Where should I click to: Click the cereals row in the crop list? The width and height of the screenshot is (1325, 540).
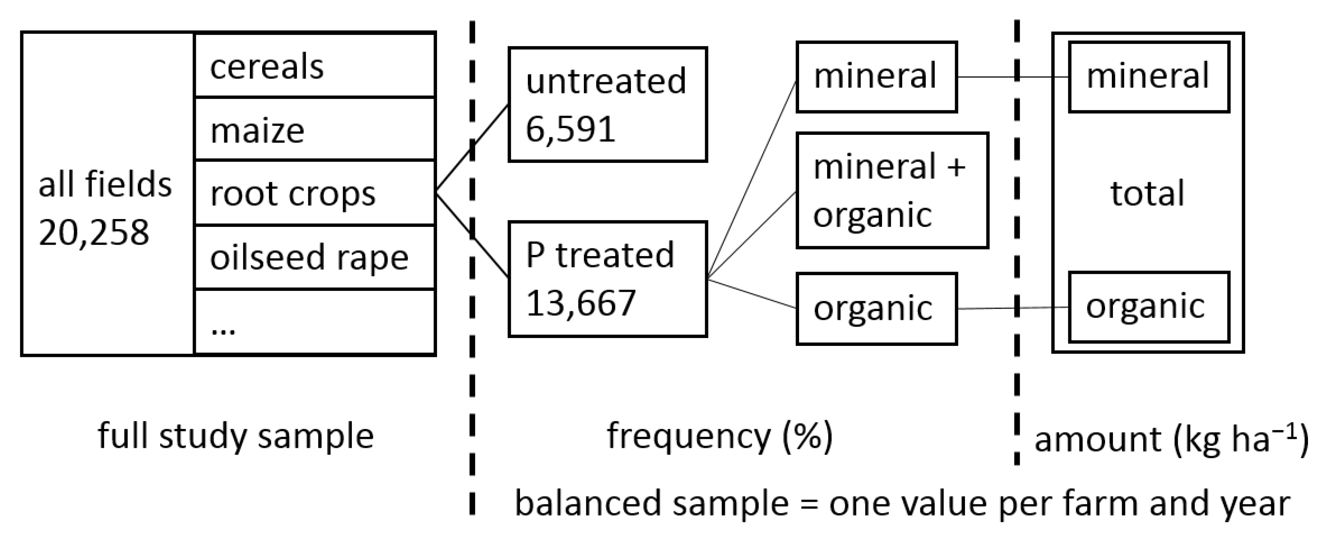(315, 65)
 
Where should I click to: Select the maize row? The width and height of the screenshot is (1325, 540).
(315, 129)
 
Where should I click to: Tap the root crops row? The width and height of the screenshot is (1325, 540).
(315, 193)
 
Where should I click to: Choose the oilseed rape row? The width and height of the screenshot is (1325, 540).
(315, 257)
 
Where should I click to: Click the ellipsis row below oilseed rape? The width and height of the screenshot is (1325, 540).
(315, 322)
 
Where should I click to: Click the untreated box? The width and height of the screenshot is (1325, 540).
(608, 104)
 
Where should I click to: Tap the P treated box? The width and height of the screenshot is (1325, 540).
(608, 279)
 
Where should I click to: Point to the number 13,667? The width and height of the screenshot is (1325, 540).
(581, 303)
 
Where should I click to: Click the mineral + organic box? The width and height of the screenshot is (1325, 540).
(892, 191)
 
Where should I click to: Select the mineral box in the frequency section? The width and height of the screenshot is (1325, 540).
(876, 77)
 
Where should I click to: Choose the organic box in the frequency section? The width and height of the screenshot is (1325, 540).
(876, 308)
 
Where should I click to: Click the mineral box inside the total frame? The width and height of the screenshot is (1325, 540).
(1149, 77)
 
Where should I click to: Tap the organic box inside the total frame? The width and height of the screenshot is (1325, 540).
(1149, 307)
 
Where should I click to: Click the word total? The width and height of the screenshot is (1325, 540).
(1147, 194)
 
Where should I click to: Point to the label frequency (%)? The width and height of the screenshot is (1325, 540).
(719, 436)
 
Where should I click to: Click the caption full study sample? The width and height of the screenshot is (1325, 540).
(236, 436)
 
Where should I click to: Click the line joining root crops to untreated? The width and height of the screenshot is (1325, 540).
(472, 150)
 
